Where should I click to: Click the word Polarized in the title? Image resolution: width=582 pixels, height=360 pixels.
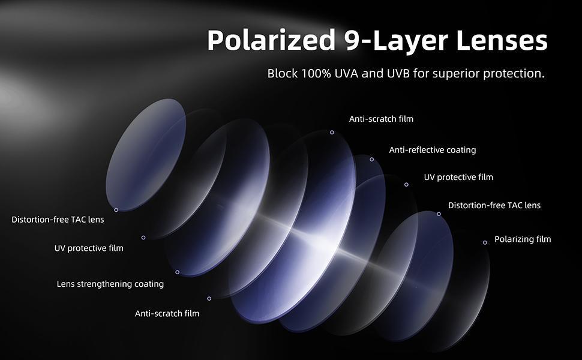271,40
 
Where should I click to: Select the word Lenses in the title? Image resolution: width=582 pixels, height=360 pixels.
502,40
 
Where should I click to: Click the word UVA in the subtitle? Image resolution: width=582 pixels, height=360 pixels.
346,73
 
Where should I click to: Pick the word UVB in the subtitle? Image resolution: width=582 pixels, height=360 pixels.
398,73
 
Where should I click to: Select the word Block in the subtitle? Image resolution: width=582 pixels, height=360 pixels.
283,73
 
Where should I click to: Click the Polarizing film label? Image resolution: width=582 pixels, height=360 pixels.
523,239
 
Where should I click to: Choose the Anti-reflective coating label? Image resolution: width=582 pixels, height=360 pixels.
433,150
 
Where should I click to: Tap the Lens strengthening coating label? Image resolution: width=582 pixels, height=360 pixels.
110,284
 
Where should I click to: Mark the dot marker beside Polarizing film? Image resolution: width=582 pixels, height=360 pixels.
485,243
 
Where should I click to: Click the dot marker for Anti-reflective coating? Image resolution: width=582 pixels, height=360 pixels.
371,160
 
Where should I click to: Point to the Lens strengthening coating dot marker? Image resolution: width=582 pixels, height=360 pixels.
178,272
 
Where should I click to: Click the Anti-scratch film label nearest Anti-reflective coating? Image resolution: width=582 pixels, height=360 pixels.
381,119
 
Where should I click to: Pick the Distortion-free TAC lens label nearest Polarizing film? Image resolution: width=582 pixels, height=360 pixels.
494,205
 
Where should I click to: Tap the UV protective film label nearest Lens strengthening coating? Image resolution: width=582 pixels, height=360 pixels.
89,248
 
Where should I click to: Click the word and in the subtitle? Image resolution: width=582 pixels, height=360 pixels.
372,73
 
